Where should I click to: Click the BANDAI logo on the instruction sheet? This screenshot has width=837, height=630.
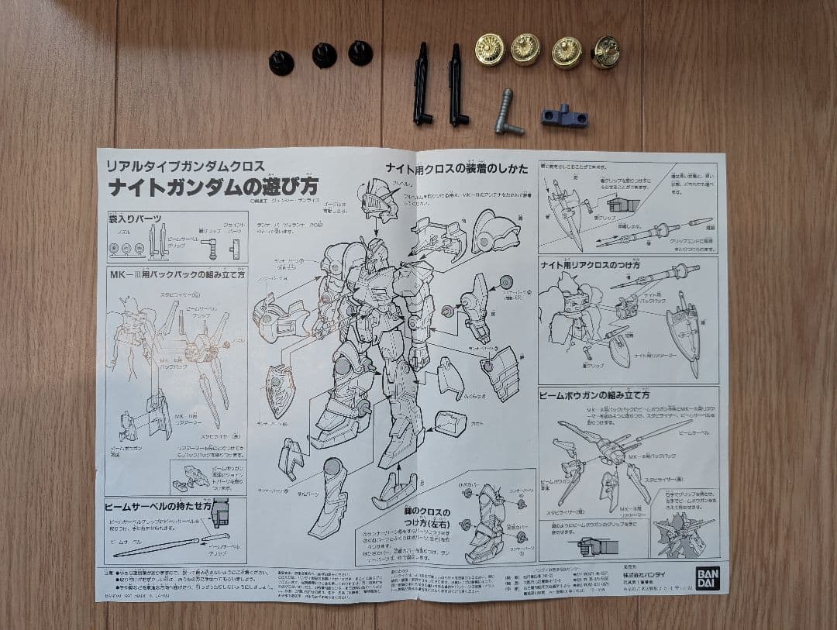click(x=707, y=578)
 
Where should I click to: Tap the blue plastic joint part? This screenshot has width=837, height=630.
click(x=564, y=116)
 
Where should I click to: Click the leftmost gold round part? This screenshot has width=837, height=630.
click(x=490, y=50)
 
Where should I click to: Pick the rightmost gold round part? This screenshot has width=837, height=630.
click(x=605, y=53)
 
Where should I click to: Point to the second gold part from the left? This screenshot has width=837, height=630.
click(x=525, y=50)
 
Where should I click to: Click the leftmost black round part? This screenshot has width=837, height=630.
click(x=281, y=63)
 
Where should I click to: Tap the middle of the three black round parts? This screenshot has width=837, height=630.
click(x=324, y=55)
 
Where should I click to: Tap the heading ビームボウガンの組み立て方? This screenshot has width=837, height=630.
click(x=594, y=395)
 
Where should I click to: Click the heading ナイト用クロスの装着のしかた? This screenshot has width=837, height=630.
click(x=456, y=168)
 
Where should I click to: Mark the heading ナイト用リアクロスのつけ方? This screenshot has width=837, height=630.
click(x=590, y=265)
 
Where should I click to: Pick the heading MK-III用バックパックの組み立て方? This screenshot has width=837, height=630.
click(x=176, y=274)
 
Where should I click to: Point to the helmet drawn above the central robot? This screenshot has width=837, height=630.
click(x=381, y=199)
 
